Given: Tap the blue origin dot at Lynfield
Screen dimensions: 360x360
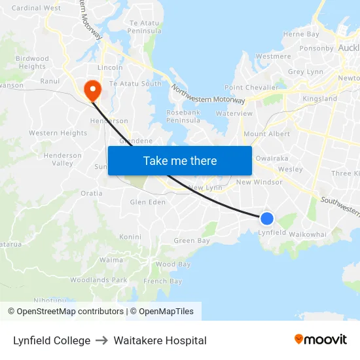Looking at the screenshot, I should [267, 219].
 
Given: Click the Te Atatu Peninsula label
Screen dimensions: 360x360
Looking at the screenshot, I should [144, 27].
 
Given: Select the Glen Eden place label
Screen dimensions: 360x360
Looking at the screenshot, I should [148, 202].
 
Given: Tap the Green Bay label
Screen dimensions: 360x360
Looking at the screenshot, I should [192, 241].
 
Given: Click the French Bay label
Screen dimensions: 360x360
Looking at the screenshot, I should [163, 281].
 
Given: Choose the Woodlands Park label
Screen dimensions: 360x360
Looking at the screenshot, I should [99, 280].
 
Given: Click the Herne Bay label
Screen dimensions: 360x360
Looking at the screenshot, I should [301, 34].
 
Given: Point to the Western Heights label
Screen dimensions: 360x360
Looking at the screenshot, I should [58, 133].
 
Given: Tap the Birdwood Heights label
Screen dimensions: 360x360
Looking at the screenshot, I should [32, 62].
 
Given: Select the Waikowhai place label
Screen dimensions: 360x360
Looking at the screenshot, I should [307, 234].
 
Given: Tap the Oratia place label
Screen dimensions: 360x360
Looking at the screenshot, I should [91, 194].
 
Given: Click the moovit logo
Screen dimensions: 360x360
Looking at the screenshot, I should [321, 340].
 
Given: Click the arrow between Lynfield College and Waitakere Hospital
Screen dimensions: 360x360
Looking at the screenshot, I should [101, 340].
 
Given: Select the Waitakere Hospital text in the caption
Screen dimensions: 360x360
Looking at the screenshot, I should [160, 340].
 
